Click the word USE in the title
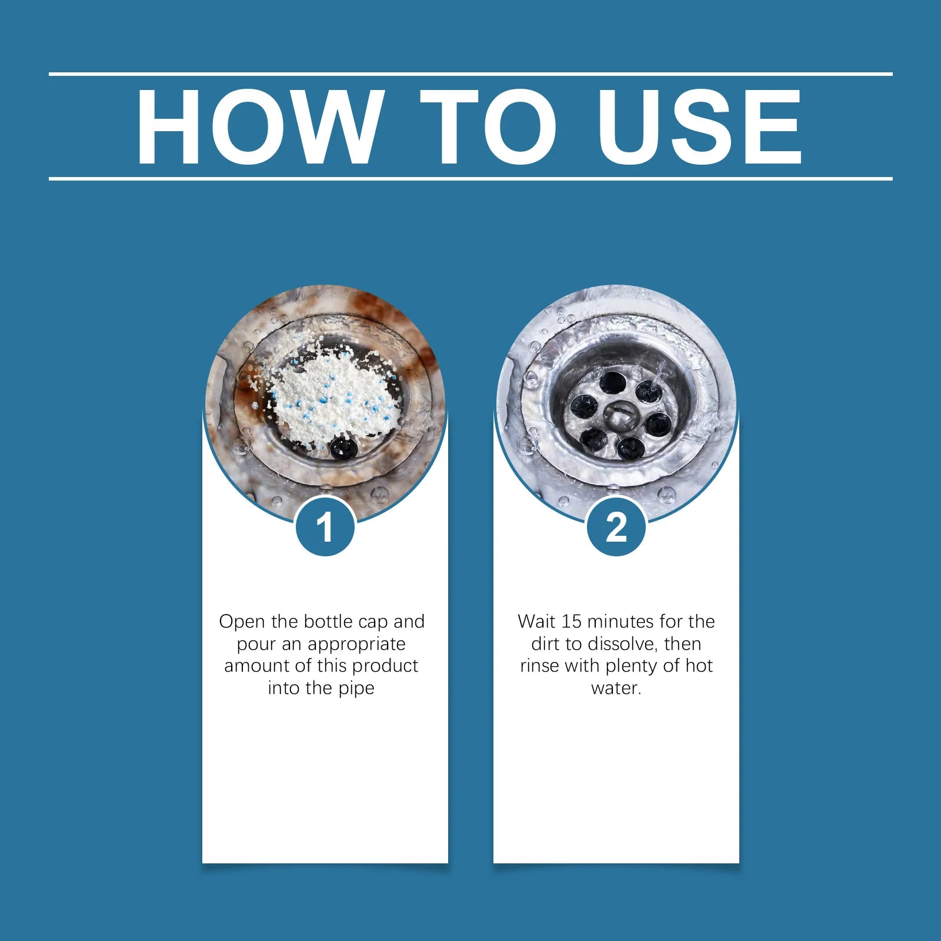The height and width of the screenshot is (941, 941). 699,127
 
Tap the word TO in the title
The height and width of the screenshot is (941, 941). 488,127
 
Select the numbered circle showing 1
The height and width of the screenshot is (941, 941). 325,526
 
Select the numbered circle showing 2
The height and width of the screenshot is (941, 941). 616,526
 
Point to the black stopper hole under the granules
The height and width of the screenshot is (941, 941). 343,449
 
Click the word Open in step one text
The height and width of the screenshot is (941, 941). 242,622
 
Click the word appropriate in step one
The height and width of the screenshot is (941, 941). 356,645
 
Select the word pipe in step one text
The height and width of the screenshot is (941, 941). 356,689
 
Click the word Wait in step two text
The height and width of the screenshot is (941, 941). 537,622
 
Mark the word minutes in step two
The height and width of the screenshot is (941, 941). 621,622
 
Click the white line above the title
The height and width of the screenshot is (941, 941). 470,74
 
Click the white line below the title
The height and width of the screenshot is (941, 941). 470,178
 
